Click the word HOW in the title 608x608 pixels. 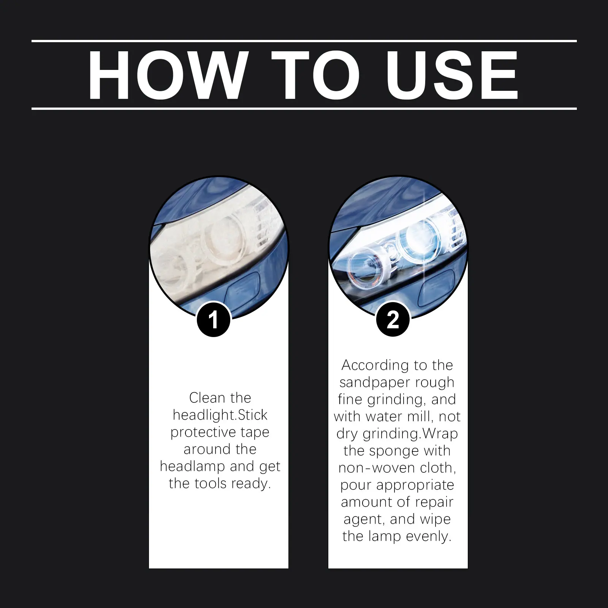point(166,75)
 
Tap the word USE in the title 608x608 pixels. point(453,75)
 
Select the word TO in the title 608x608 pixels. point(315,75)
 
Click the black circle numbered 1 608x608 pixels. point(214,320)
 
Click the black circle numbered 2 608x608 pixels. point(393,320)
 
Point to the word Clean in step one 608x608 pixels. point(207,398)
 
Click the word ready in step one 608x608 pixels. point(251,484)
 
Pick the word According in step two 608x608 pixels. point(375,366)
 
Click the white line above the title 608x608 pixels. point(304,41)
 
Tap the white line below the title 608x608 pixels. point(304,109)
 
